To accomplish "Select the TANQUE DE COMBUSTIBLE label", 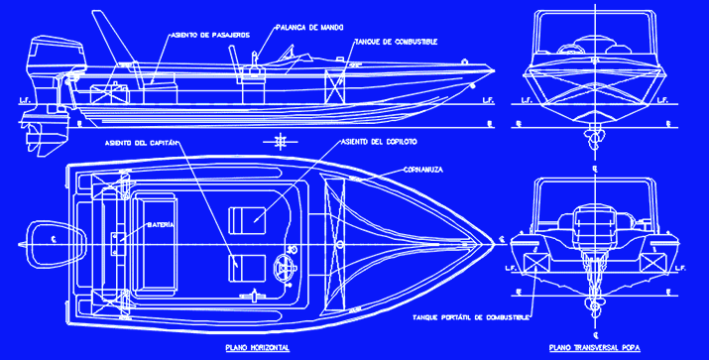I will (396, 42).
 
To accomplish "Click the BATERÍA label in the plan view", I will (161, 226).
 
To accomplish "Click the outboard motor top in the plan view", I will (46, 239).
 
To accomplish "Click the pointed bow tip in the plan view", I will (491, 240).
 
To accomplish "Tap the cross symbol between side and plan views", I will (283, 139).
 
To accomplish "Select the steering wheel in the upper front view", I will (572, 47).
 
